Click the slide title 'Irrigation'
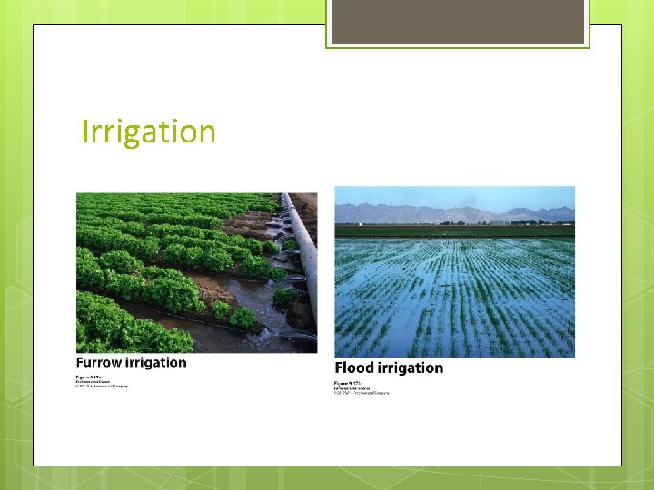149,132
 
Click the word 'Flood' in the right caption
357,368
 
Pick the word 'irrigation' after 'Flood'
413,368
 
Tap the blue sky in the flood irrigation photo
454,195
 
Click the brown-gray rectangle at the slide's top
458,21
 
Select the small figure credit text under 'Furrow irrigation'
101,381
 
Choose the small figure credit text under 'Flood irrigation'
361,387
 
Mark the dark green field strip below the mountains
454,230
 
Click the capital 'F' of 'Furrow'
81,363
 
